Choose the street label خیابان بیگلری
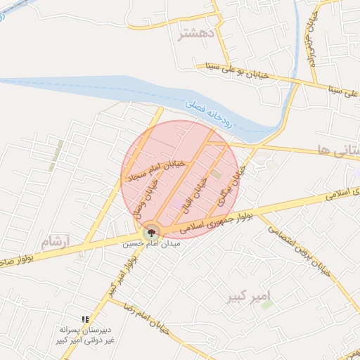pyautogui.click(x=235, y=181)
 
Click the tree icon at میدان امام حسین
pyautogui.click(x=150, y=232)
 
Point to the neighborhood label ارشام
pyautogui.click(x=56, y=242)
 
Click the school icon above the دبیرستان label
pyautogui.click(x=85, y=319)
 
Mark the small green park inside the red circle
pyautogui.click(x=216, y=174)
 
